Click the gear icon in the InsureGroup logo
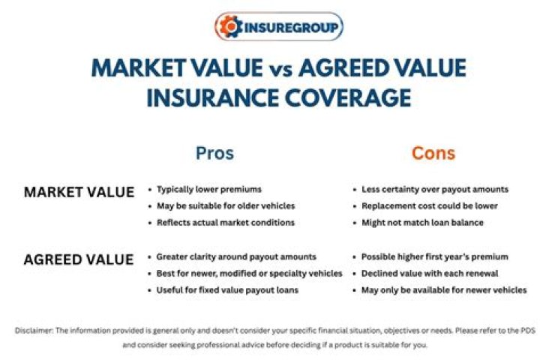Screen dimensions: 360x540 coord(228,27)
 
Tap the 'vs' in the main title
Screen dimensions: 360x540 coord(277,69)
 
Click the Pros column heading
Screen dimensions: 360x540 coord(214,153)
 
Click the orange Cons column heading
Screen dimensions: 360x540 coord(433,153)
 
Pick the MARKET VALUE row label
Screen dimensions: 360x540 coord(79,192)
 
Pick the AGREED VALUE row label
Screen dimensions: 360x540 coord(79,259)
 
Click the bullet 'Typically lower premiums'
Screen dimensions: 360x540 coord(209,190)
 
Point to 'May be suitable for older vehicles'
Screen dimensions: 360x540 coord(226,206)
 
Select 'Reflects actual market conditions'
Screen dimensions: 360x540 coord(226,223)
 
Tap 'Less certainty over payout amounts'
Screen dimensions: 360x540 coord(435,190)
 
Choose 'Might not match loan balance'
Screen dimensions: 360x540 coord(423,223)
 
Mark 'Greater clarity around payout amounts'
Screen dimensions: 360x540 coord(236,256)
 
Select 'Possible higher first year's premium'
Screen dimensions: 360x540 coord(434,256)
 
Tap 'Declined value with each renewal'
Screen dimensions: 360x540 coord(430,273)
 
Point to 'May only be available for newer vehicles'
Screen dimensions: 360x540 coord(444,289)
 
